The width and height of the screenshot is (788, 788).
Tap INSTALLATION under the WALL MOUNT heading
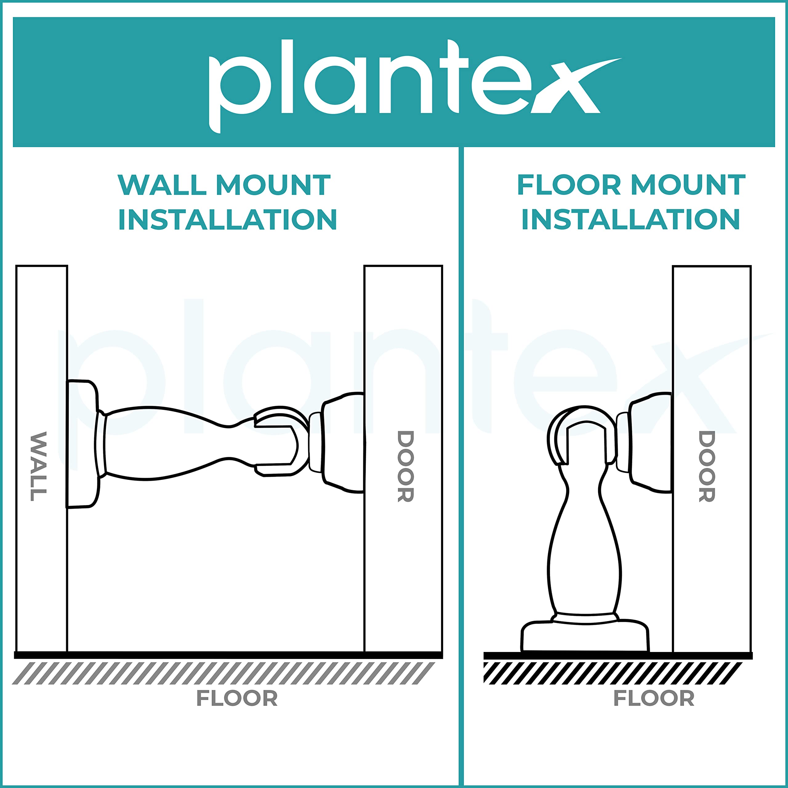coord(227,219)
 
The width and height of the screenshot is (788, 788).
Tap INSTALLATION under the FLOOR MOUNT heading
coord(631,219)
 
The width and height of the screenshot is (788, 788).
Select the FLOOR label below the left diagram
coord(237,698)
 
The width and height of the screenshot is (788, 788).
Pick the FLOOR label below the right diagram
coord(654,698)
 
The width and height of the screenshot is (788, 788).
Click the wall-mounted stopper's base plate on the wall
coord(82,444)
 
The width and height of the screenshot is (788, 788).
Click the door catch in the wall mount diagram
coord(337,443)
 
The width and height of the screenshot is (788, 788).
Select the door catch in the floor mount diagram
coord(645,443)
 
